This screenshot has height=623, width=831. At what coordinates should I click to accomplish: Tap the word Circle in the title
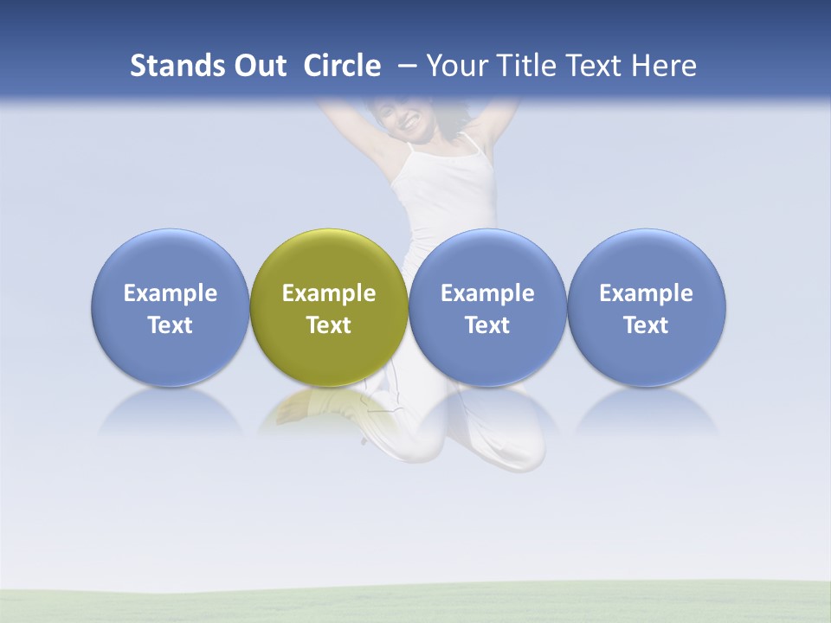click(x=342, y=66)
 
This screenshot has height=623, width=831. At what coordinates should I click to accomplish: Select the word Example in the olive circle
click(x=329, y=293)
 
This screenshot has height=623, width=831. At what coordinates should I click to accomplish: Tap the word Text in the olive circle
click(x=329, y=325)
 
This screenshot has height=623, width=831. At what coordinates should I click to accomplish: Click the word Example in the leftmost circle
click(x=171, y=293)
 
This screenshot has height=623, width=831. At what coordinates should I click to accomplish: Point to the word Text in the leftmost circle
click(x=171, y=325)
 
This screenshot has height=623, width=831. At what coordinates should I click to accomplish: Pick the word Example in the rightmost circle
click(x=646, y=293)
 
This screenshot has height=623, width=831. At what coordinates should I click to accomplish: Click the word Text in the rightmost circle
click(x=646, y=325)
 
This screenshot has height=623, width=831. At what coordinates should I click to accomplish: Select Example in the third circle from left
click(x=487, y=293)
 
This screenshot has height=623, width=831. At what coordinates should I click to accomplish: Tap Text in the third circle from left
click(x=487, y=325)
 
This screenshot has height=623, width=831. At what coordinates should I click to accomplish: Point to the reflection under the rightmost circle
click(x=646, y=411)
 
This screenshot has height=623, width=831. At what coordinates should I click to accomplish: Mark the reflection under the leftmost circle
click(x=171, y=411)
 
